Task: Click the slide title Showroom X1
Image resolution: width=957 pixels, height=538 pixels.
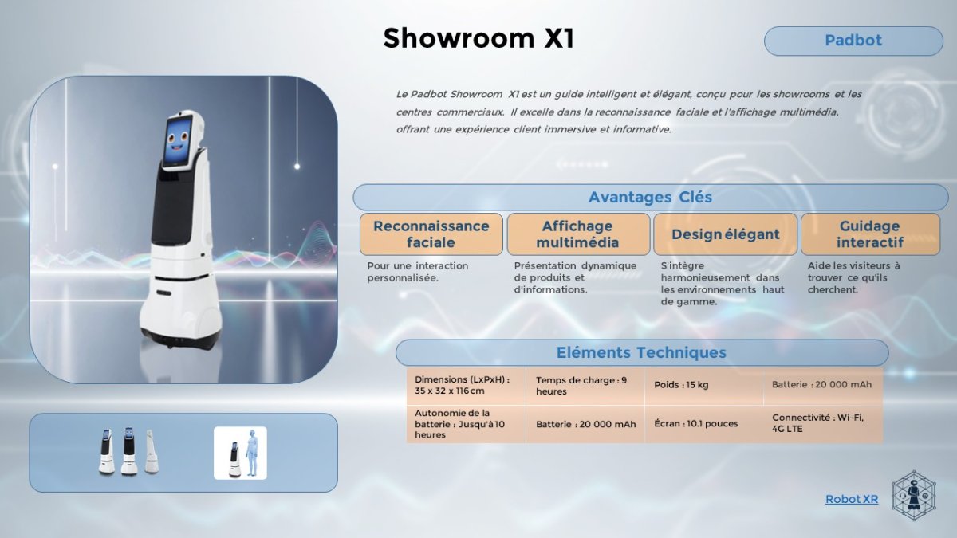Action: coord(478,38)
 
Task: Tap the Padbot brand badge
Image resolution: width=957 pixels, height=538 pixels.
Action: coord(853,41)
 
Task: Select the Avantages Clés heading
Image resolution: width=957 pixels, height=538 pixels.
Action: coord(650,198)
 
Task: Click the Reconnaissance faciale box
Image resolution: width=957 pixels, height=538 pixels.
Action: coord(431,234)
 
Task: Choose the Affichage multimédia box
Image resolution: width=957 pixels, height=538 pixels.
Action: coord(578,234)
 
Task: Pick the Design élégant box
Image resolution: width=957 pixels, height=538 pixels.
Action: coord(726,234)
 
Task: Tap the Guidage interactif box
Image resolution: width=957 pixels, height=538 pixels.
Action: coord(870,234)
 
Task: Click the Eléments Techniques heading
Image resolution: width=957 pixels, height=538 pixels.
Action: coord(642,352)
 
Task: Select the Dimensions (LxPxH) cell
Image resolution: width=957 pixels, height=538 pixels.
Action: coord(466,386)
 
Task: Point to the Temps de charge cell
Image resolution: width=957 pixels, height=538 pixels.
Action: coord(585,386)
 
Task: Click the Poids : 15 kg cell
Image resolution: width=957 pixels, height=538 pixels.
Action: coord(703,386)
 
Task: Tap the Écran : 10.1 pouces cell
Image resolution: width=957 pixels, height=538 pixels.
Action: coord(703,424)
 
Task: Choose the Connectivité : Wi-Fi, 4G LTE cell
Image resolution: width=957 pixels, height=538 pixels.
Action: coord(823,424)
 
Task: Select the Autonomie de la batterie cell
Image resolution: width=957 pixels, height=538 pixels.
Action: coord(466,424)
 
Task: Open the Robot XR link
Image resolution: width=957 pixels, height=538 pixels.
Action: coord(852,499)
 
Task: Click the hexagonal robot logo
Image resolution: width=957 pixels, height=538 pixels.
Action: coord(914,496)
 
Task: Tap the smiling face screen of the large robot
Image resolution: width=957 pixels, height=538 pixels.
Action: coord(177,140)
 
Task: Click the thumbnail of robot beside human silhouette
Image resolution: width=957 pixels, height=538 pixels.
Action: coord(240,453)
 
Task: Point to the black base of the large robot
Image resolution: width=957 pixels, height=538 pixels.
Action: coord(182,340)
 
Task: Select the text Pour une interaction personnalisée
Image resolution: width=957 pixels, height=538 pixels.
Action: coord(417,272)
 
